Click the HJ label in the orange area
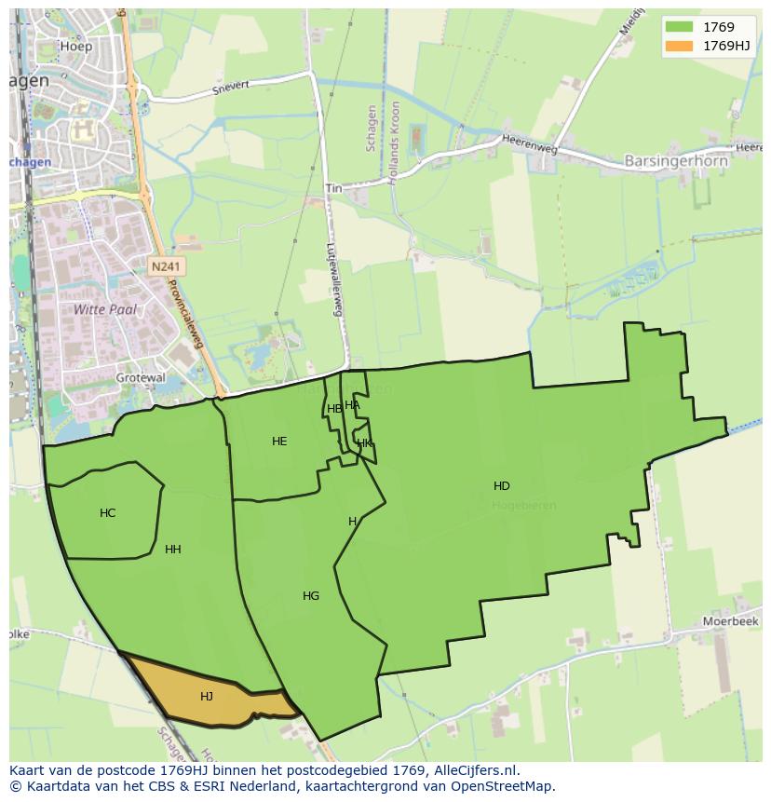tap(207, 696)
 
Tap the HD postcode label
tap(502, 485)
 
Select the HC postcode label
tap(108, 513)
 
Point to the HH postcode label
tap(173, 549)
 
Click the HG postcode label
tap(311, 595)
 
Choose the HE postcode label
tap(279, 441)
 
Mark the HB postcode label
tap(334, 408)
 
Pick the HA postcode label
tap(352, 404)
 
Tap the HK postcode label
tap(364, 442)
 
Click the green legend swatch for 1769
tap(680, 27)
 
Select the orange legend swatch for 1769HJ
tap(680, 46)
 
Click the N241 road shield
tap(167, 266)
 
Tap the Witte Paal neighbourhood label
tap(105, 308)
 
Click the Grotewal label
tap(141, 377)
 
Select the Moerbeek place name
tap(731, 620)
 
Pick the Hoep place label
tap(75, 45)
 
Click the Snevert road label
tap(232, 88)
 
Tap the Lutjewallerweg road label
tap(335, 279)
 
